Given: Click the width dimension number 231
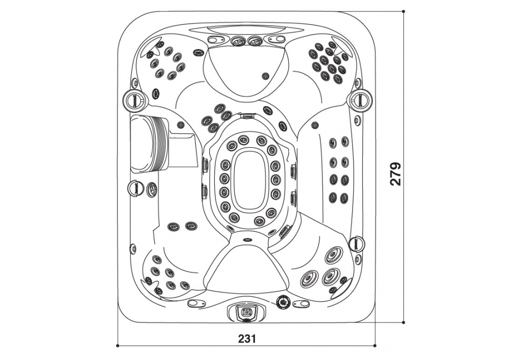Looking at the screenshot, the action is click(x=247, y=338).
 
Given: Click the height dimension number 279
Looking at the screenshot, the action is click(x=396, y=174).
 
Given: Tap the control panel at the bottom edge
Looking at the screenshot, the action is click(x=246, y=312).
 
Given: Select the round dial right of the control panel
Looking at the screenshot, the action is click(x=282, y=302).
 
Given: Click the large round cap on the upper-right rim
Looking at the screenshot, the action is click(x=360, y=98).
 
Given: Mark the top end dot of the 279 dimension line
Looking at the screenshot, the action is click(x=403, y=11).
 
